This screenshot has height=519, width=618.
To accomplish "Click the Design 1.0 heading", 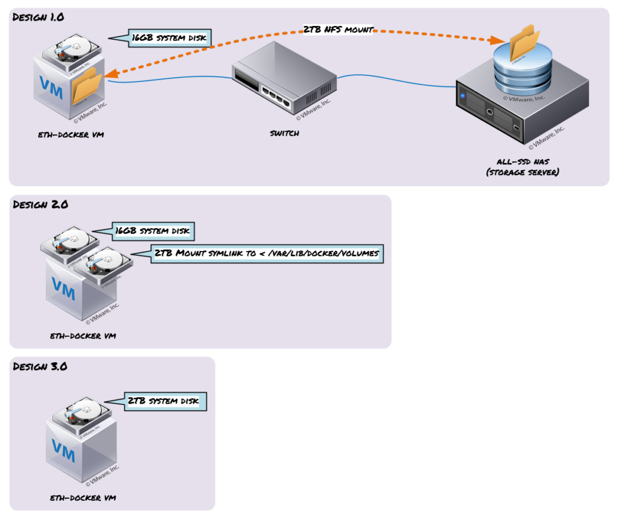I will coord(39,18).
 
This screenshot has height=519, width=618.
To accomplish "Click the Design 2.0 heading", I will coord(40,205).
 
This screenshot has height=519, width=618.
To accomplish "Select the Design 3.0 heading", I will coord(40,366).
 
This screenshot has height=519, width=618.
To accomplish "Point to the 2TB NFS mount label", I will coord(338,28).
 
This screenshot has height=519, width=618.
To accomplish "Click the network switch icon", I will coord(282,79).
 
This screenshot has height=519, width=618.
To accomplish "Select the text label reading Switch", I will coord(284,133).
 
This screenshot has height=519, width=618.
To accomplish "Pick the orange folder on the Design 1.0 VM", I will coord(87,86).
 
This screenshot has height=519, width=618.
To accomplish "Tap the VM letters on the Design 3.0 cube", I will coord(63,448).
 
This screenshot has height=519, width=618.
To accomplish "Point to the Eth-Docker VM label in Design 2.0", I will coord(83,336).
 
